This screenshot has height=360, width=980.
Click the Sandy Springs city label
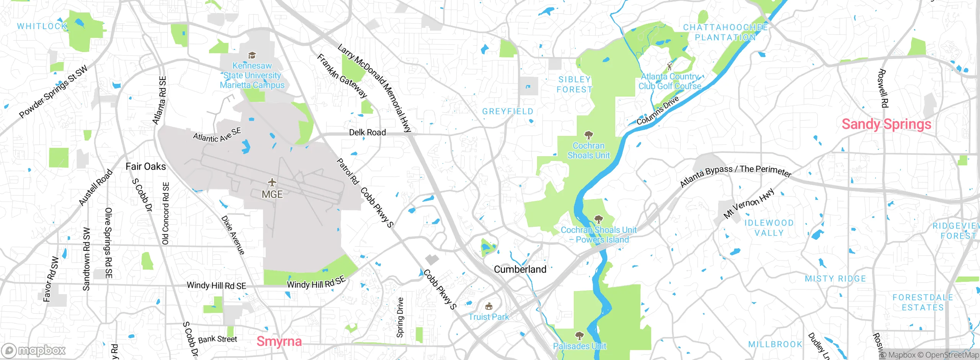(x=886, y=124)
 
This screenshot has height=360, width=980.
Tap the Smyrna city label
(x=279, y=341)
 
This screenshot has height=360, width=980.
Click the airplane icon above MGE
(x=272, y=182)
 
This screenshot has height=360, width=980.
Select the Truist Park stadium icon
(x=488, y=306)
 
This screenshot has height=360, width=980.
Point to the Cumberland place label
(x=520, y=269)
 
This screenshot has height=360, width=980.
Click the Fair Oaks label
(x=146, y=166)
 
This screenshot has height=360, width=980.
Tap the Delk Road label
(x=367, y=132)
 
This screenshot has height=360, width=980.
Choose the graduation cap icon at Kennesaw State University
(x=252, y=56)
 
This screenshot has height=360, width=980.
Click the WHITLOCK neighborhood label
(x=42, y=26)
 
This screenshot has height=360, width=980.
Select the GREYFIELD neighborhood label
(x=508, y=111)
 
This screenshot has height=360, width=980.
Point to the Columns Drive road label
(x=658, y=110)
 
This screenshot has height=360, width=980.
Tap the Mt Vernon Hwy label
(x=748, y=203)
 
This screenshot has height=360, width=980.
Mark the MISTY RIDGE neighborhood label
(x=835, y=279)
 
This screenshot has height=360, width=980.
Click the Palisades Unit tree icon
(x=580, y=336)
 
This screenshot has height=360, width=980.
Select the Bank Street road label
(x=217, y=339)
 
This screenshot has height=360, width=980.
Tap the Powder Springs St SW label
(x=53, y=92)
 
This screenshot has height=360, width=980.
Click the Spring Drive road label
(x=400, y=317)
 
